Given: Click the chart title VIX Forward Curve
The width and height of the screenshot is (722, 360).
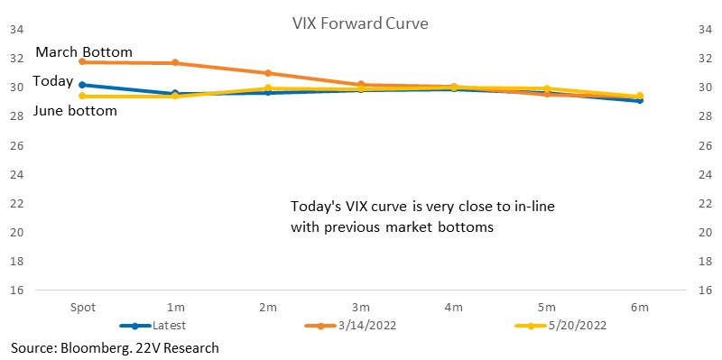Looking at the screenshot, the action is (360, 23).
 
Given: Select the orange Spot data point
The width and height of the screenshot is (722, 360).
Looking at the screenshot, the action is (82, 61).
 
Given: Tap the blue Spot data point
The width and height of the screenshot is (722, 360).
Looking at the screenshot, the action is (82, 85).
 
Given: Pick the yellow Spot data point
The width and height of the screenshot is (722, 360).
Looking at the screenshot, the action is (82, 96).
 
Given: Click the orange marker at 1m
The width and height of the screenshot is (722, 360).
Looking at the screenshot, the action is (175, 62).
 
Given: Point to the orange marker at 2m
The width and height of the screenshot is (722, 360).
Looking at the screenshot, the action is (268, 73).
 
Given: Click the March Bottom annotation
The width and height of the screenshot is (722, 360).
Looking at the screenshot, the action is (84, 52).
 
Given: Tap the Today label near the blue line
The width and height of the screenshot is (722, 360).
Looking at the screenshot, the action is (53, 81).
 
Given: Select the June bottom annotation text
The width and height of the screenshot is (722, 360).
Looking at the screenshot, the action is (75, 110).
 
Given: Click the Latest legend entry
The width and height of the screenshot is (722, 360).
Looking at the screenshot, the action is (153, 326).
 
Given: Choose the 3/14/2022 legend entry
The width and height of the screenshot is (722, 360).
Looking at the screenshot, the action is (350, 326).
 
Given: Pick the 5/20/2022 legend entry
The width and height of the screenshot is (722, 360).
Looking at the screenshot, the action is (560, 326).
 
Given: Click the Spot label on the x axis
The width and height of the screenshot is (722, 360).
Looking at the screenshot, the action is (83, 308).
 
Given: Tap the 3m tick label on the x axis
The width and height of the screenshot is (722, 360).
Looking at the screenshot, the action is (360, 308).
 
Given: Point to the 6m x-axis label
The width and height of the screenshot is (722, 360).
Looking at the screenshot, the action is (640, 308).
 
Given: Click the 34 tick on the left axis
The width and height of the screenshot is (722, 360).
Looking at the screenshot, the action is (16, 30).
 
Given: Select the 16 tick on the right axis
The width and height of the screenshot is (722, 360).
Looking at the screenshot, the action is (705, 290).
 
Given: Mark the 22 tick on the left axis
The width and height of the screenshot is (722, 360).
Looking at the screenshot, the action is (16, 203).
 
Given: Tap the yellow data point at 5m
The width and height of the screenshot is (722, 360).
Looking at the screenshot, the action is (547, 88).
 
